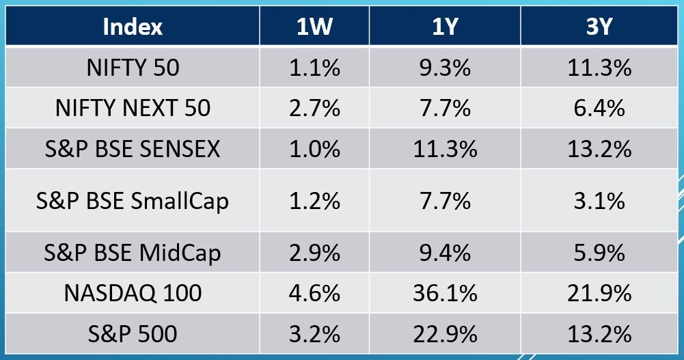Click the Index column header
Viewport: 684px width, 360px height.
point(133,27)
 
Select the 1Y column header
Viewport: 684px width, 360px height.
point(444,27)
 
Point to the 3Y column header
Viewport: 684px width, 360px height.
point(599,27)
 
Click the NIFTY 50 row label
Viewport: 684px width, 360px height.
point(133,68)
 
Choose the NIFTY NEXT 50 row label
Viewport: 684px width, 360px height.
point(133,108)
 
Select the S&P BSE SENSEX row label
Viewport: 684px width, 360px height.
point(133,149)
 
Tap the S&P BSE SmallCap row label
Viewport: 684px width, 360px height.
point(133,201)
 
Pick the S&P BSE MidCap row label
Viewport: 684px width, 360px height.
point(133,253)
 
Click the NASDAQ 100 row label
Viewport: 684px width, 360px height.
point(133,293)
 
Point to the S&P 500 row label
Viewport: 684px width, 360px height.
point(133,333)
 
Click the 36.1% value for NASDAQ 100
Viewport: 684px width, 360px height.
point(444,293)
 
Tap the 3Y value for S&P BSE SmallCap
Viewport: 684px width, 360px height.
point(599,201)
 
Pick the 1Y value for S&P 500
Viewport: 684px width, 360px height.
point(444,333)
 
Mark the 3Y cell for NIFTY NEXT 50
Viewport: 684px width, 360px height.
point(599,108)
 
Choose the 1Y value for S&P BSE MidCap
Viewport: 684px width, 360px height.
point(444,253)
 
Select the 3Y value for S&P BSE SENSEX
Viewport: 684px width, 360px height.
point(599,149)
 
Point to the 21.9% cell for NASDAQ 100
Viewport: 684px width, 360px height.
point(599,293)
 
